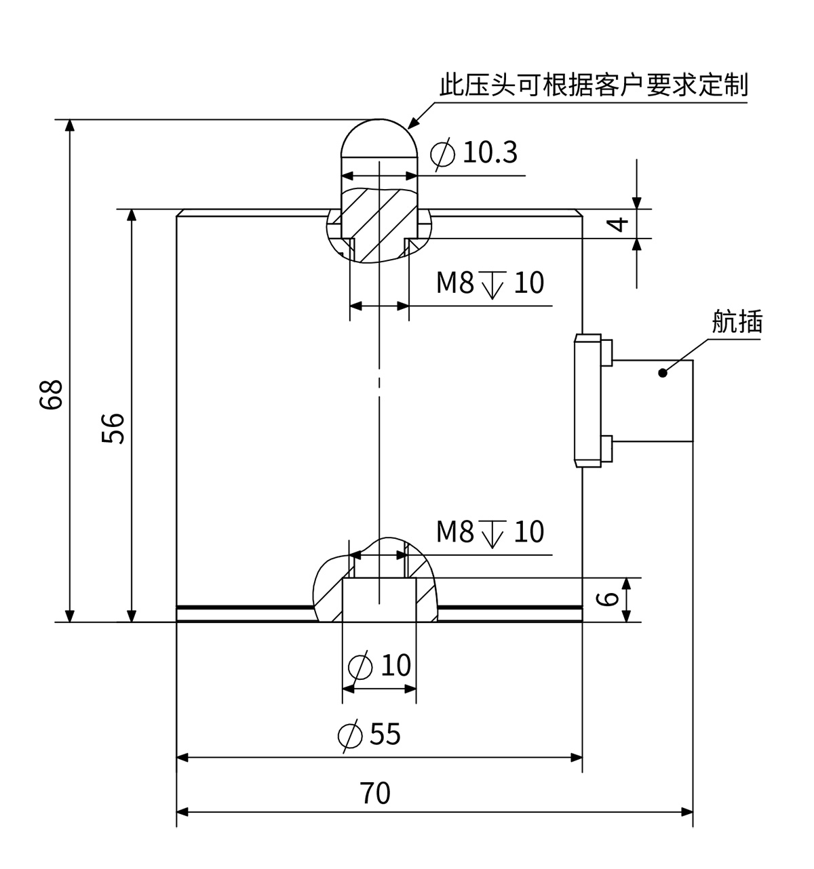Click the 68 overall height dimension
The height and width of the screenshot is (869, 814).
click(x=52, y=394)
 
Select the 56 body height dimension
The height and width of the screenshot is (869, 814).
click(x=115, y=428)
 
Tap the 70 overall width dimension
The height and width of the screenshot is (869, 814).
click(x=375, y=793)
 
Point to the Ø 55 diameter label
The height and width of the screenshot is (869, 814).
click(x=370, y=735)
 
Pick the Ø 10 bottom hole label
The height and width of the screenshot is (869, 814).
click(x=380, y=666)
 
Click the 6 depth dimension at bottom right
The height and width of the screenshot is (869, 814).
click(x=610, y=599)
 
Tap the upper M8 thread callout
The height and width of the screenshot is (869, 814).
click(x=490, y=283)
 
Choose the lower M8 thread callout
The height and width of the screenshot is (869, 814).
click(x=490, y=533)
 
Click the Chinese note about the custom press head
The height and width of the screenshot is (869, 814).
click(x=594, y=86)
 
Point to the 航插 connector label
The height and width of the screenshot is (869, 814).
click(x=737, y=321)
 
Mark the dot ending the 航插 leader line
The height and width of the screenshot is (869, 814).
click(x=663, y=372)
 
